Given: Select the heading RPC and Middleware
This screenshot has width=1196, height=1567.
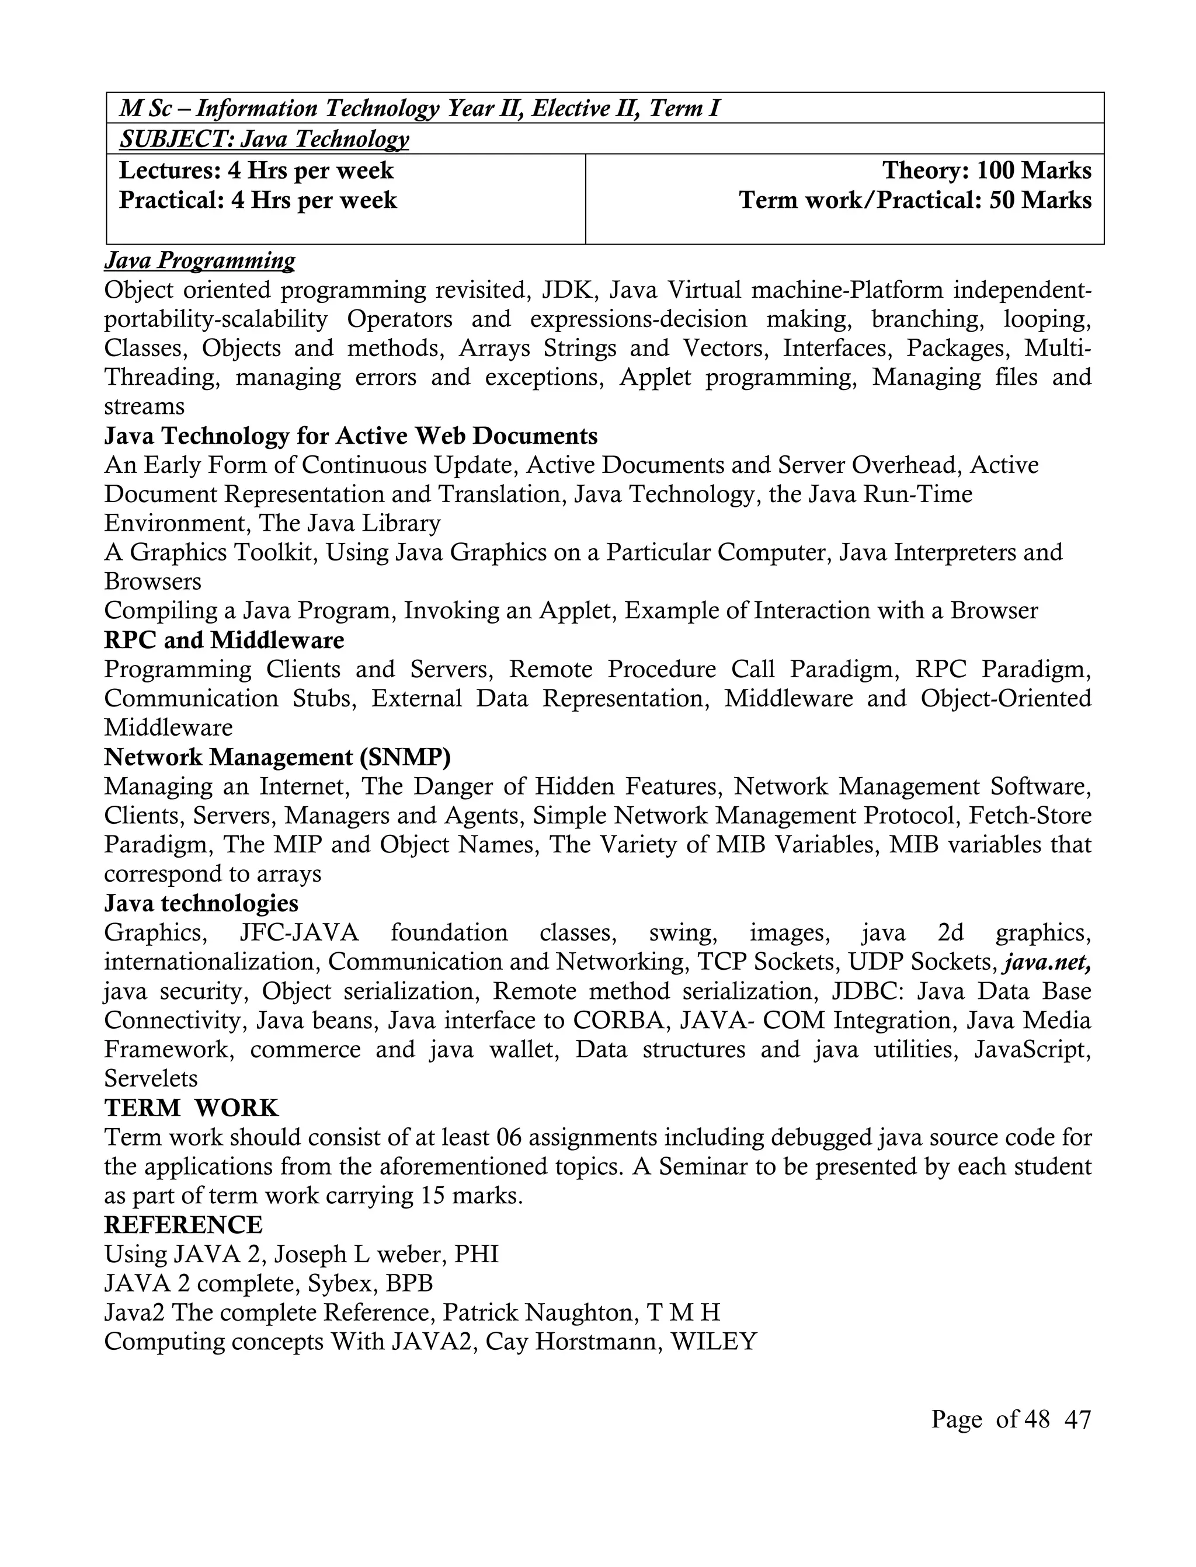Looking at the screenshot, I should coord(224,640).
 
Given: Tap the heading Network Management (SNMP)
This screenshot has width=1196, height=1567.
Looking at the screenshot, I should coord(277,757).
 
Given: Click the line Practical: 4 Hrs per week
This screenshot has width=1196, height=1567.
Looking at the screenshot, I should coord(258,200).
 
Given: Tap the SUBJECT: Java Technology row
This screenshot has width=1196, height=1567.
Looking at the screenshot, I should coord(264,139).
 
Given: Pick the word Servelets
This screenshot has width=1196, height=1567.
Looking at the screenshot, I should coord(150,1078).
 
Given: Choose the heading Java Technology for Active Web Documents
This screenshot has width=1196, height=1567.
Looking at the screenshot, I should coord(351,436).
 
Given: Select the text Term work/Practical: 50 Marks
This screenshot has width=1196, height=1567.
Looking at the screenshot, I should coord(915,200).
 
